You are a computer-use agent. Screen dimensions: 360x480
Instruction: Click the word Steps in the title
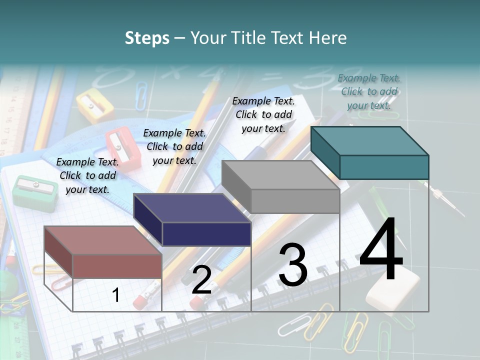[147, 38]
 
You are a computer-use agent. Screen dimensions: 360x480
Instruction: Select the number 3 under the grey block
[293, 265]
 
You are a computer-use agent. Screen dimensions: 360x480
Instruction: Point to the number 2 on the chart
[201, 280]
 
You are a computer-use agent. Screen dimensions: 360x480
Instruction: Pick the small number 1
[116, 295]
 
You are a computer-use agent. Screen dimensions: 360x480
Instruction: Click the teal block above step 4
[383, 166]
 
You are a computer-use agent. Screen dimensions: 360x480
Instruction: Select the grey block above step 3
[295, 200]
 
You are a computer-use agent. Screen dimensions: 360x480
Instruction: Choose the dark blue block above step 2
[206, 233]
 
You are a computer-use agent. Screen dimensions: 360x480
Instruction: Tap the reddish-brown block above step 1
[117, 265]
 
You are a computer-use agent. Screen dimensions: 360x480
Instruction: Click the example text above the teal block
[369, 91]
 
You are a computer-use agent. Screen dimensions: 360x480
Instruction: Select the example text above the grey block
[263, 114]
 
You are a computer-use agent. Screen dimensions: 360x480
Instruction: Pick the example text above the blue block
[174, 146]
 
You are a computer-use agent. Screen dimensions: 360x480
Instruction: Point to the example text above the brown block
[87, 175]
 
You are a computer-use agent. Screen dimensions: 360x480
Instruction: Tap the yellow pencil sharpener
[95, 105]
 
